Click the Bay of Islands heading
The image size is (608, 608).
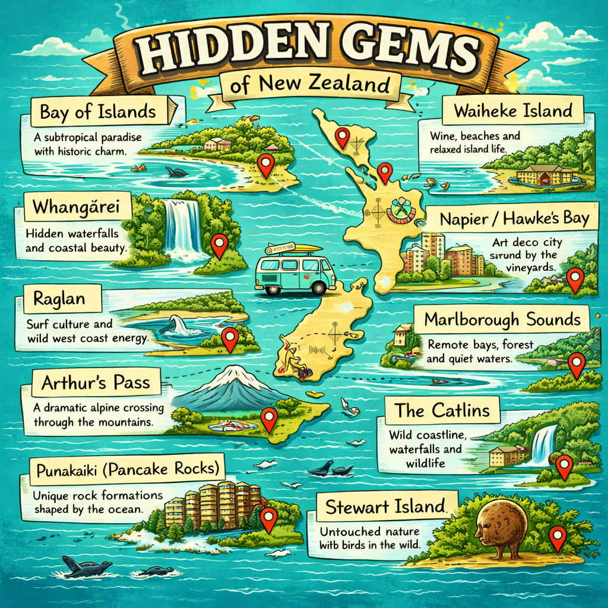point(98,111)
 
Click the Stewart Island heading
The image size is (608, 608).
point(386,506)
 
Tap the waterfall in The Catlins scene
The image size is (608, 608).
point(543,445)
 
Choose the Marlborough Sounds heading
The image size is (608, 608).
point(502,321)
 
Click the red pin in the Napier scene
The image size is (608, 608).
point(574,278)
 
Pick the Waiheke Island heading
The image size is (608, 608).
point(513,110)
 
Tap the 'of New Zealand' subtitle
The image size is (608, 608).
point(311,85)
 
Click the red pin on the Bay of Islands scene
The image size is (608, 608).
point(266,164)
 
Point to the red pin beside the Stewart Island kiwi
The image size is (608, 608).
point(557,536)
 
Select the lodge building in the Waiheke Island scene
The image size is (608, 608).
point(544,176)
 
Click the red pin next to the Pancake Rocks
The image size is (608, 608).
point(269,518)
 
